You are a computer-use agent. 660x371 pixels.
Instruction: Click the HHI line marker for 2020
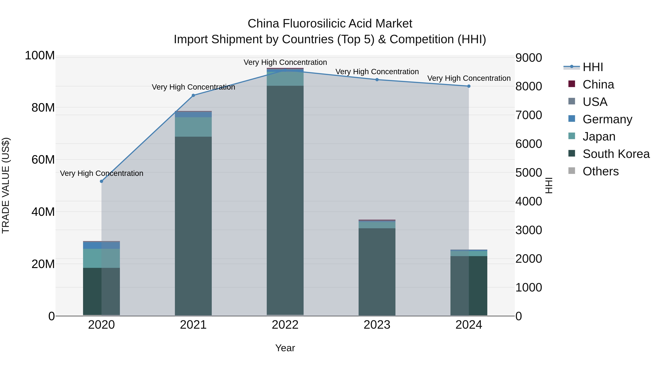[x=101, y=181]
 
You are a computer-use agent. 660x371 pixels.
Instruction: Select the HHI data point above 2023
[x=377, y=80]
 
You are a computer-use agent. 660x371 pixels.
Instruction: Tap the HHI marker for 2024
[x=469, y=86]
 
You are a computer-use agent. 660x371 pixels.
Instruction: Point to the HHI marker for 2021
[x=193, y=95]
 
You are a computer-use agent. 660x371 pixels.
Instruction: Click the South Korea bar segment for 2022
[x=285, y=200]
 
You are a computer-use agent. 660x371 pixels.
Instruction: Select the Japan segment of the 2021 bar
[x=193, y=127]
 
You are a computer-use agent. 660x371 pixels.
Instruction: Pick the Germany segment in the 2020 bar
[x=101, y=245]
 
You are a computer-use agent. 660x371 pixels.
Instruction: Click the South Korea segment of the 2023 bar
[x=377, y=271]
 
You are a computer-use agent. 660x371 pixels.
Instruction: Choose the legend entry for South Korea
[x=616, y=154]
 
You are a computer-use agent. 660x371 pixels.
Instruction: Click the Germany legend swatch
[x=572, y=119]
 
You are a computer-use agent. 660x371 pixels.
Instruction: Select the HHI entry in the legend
[x=593, y=67]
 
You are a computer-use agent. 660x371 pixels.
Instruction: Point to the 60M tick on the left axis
[x=43, y=160]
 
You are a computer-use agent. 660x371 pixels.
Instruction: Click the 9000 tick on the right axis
[x=528, y=58]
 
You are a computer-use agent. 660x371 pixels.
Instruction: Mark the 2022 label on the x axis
[x=285, y=325]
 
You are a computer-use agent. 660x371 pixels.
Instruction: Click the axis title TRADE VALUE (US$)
[x=6, y=185]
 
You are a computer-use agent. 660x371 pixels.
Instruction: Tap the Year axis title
[x=285, y=348]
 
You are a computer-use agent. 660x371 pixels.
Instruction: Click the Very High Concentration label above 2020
[x=101, y=173]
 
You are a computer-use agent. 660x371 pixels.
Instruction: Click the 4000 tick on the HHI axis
[x=528, y=202]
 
